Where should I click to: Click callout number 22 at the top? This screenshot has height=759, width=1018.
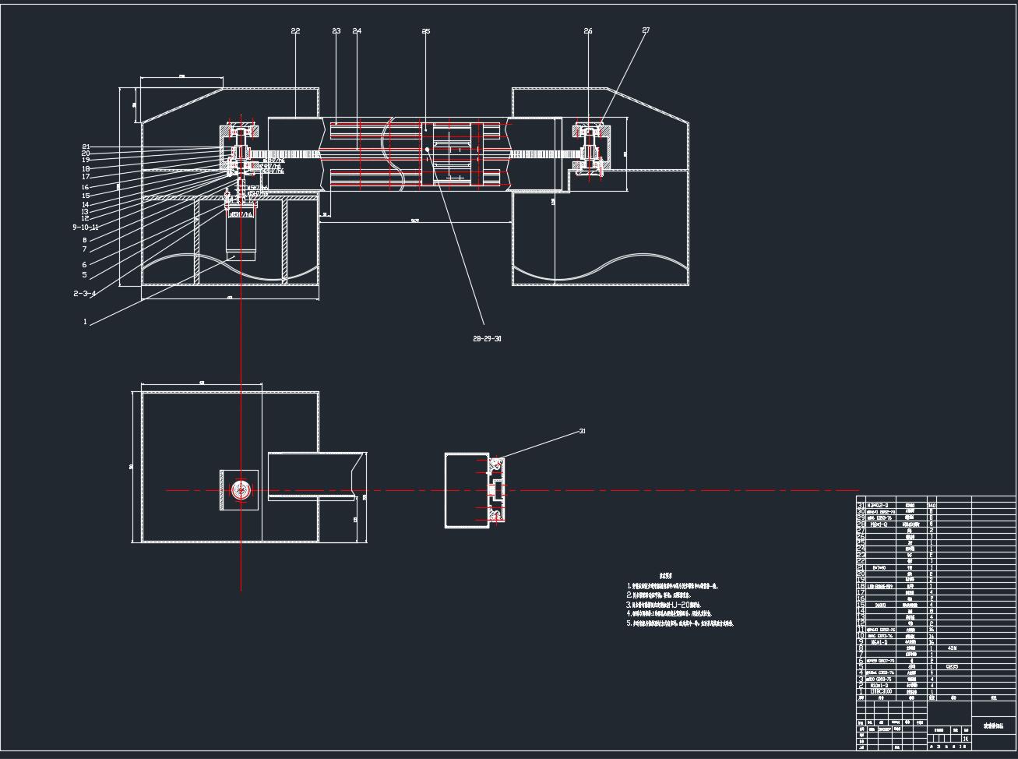click(295, 31)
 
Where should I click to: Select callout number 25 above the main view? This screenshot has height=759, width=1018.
click(425, 31)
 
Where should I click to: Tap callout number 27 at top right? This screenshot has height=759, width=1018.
click(646, 30)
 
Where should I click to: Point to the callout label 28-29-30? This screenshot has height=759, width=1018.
click(487, 339)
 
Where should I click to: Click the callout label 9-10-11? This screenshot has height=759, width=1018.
click(85, 227)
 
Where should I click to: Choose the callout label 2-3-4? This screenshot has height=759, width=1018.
click(84, 294)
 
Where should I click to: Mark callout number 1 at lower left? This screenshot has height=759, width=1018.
click(85, 322)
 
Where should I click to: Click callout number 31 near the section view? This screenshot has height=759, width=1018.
click(582, 431)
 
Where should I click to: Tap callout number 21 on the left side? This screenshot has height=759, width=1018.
click(86, 147)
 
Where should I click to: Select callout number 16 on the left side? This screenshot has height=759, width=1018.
click(85, 187)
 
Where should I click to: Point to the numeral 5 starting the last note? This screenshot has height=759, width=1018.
click(629, 623)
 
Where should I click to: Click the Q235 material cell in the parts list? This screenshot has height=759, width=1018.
click(952, 666)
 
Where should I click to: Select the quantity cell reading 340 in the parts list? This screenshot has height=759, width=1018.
click(932, 506)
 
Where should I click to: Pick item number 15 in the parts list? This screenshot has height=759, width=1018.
click(861, 605)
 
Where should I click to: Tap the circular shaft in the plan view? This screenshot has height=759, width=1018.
click(241, 490)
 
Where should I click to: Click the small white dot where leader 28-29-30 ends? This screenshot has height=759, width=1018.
click(428, 148)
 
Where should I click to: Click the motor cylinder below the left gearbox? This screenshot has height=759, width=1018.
click(240, 234)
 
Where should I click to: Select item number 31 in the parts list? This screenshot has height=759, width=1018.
click(861, 505)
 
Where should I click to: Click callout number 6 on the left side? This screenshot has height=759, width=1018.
click(84, 265)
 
